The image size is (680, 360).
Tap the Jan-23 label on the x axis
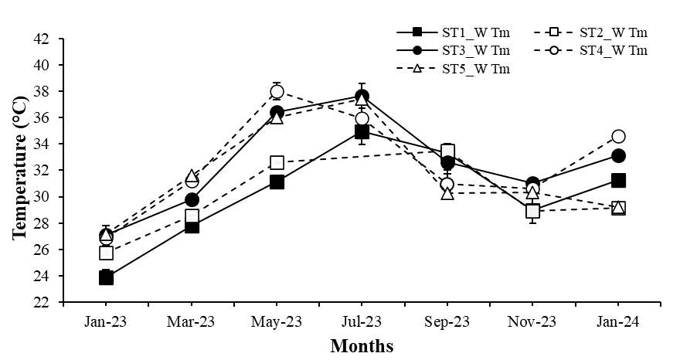coord(106,321)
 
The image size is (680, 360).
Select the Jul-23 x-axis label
coord(362,321)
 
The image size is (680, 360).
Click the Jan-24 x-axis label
coord(618,321)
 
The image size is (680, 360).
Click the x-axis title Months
coord(362,345)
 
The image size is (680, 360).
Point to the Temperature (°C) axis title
coord(19,171)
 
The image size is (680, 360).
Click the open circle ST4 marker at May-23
coord(277,92)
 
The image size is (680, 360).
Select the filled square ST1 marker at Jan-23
coord(106,277)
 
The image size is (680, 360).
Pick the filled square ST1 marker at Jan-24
coord(618,180)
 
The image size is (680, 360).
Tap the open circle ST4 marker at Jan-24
coord(618,137)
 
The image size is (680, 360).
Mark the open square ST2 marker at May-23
coord(277,162)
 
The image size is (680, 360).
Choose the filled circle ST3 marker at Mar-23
coord(192,199)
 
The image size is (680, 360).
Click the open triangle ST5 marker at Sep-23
coord(447,192)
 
